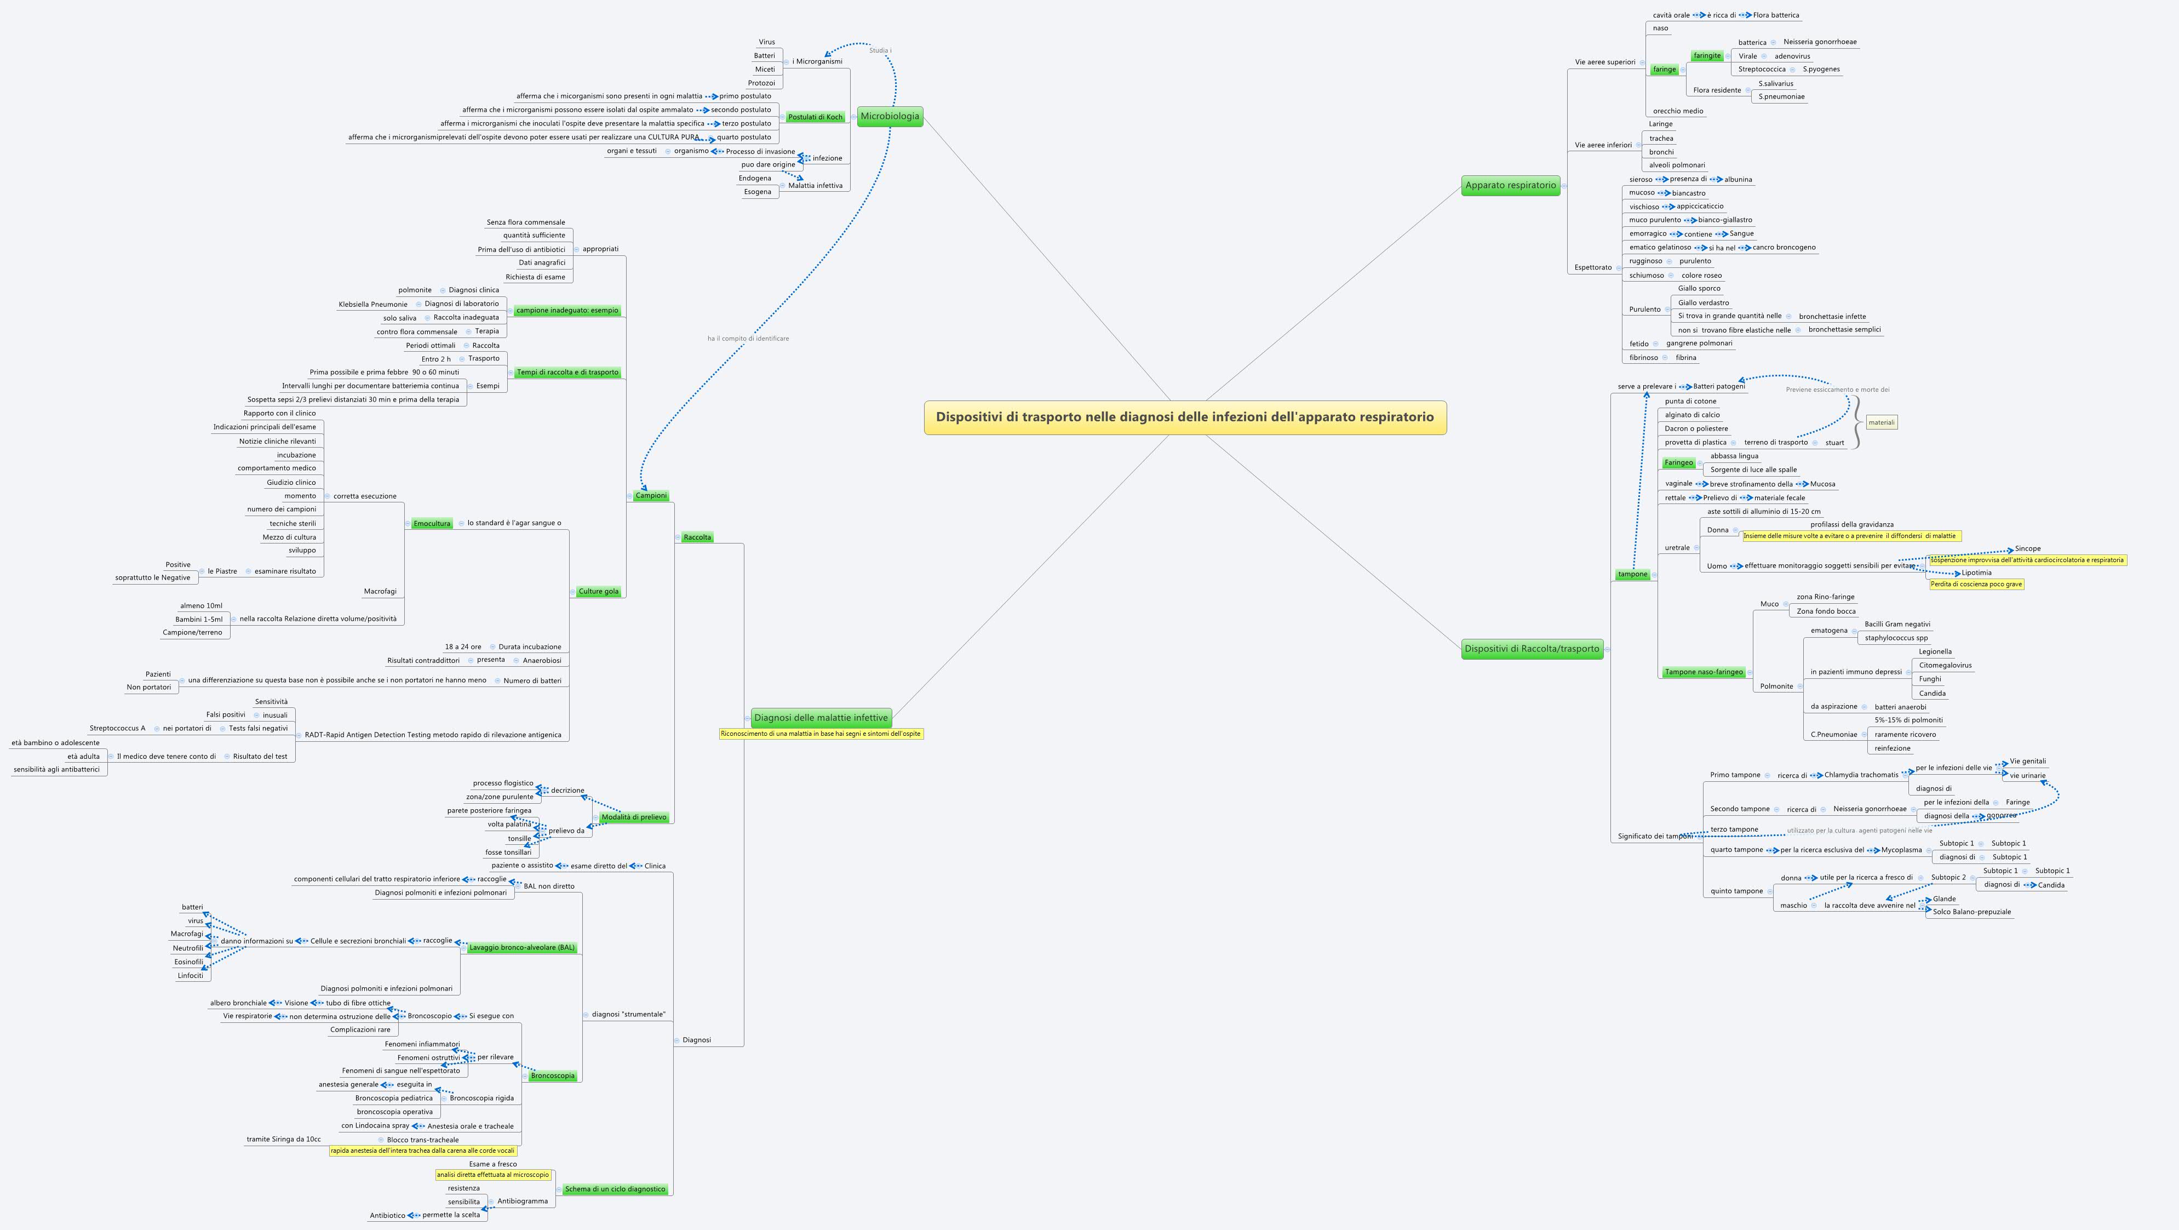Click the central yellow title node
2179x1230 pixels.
click(1184, 417)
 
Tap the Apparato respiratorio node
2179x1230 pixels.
click(1510, 185)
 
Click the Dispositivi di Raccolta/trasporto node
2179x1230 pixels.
click(1532, 649)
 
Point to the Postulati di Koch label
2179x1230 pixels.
click(815, 117)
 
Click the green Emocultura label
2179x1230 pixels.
click(432, 524)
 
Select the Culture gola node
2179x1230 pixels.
click(598, 591)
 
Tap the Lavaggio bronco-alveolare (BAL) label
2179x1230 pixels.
click(522, 947)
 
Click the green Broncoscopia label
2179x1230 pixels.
click(552, 1076)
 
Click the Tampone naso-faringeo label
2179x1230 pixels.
click(1703, 672)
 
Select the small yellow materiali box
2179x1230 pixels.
click(1881, 422)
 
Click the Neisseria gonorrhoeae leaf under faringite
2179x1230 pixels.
click(1820, 42)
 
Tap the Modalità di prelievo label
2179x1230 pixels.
click(634, 817)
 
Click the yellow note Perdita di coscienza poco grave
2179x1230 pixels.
click(1976, 583)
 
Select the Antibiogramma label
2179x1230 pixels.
click(522, 1202)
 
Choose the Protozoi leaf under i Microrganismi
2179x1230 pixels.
click(761, 83)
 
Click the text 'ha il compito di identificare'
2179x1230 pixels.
click(748, 339)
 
